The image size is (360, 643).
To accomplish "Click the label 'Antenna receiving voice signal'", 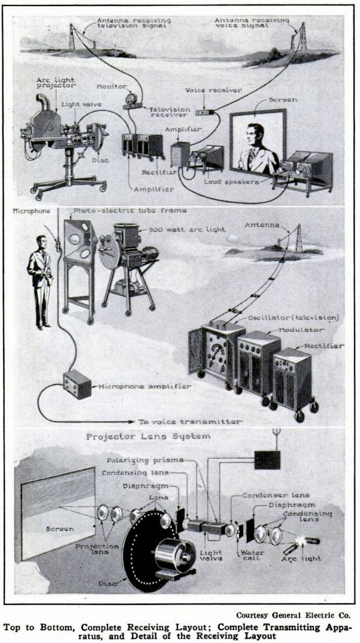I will pos(252,23).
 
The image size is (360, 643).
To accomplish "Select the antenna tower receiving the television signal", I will pos(72,37).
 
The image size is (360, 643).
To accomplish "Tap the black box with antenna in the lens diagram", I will pos(267,459).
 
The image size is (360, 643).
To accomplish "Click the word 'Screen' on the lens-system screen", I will pos(59,528).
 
